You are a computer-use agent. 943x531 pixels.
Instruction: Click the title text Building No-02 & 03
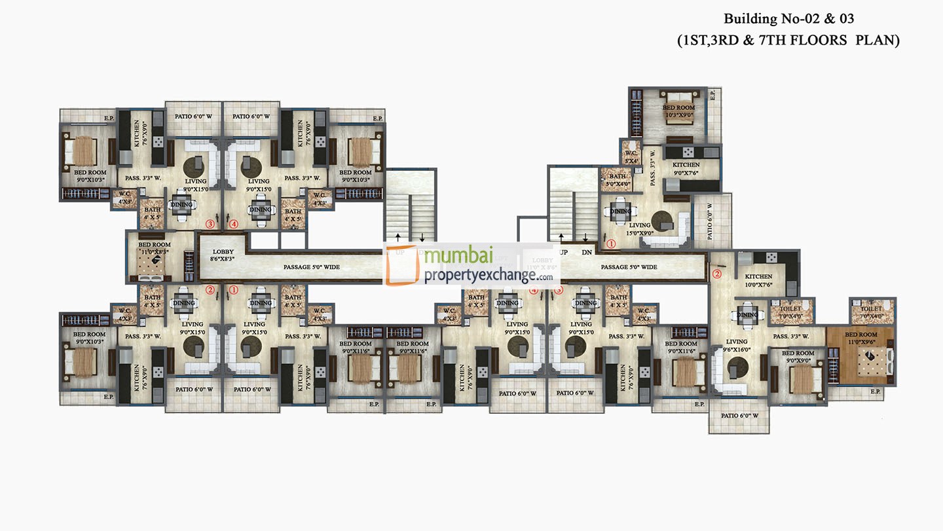788,18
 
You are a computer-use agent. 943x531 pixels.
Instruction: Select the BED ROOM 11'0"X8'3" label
155,248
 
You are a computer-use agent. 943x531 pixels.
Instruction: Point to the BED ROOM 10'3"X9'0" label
678,111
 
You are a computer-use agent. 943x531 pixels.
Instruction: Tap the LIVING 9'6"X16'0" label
736,346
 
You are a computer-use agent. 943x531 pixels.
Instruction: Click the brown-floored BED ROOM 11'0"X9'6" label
860,338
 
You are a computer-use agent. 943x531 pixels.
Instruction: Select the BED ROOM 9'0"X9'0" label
797,357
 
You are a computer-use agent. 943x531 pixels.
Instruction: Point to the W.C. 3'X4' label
630,157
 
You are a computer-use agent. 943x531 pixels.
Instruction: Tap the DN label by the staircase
586,251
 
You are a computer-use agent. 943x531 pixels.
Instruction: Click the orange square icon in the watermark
402,265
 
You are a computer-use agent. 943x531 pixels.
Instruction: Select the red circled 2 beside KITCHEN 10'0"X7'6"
716,274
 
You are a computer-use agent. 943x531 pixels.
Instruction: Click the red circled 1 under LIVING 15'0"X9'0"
611,244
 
